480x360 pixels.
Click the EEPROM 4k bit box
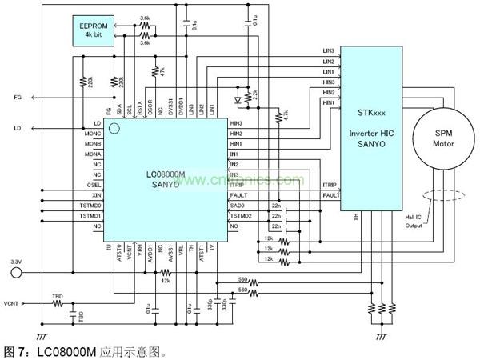(x=94, y=30)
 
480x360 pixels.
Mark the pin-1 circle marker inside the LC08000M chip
(x=114, y=128)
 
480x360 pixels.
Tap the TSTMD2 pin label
(x=242, y=216)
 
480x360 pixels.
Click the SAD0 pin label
(x=237, y=205)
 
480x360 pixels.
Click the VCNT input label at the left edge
(x=11, y=303)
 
